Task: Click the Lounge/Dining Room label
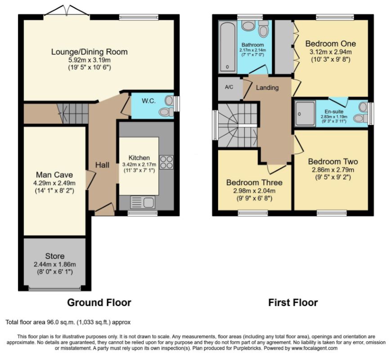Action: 90,52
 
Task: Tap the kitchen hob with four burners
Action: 166,162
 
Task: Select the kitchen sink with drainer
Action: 142,202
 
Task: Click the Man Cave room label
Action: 54,175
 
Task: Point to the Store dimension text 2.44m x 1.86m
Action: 55,265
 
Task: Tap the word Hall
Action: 102,165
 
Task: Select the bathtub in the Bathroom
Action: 228,47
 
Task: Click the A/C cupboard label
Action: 229,87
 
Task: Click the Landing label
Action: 267,88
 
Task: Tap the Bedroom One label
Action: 331,44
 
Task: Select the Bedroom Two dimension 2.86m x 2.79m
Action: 333,170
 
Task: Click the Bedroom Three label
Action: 254,182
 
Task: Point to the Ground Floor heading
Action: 99,302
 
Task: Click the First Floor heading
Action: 293,302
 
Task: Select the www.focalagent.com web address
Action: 314,348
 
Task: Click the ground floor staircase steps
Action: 72,113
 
